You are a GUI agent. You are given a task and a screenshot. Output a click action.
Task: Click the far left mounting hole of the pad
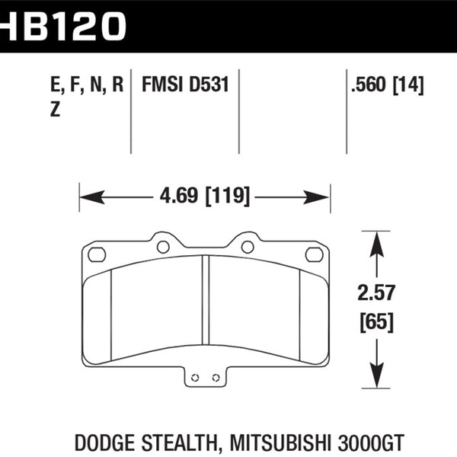(x=96, y=254)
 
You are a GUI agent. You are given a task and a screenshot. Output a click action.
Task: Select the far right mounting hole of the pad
(x=313, y=254)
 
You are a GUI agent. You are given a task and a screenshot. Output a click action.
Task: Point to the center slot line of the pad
(x=205, y=301)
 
